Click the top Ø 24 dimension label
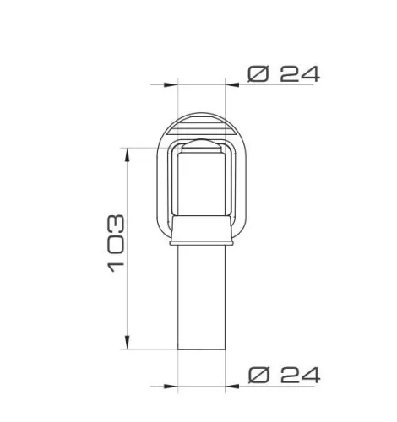pos(284,74)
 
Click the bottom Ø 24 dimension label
pos(284,375)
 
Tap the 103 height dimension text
pos(116,243)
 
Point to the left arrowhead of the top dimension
pos(171,84)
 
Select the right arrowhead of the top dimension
pos(232,84)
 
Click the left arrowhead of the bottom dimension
pos(171,387)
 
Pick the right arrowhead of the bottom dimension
pos(232,387)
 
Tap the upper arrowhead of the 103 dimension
pos(128,154)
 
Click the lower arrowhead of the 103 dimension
pos(128,343)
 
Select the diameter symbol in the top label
pos(258,74)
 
